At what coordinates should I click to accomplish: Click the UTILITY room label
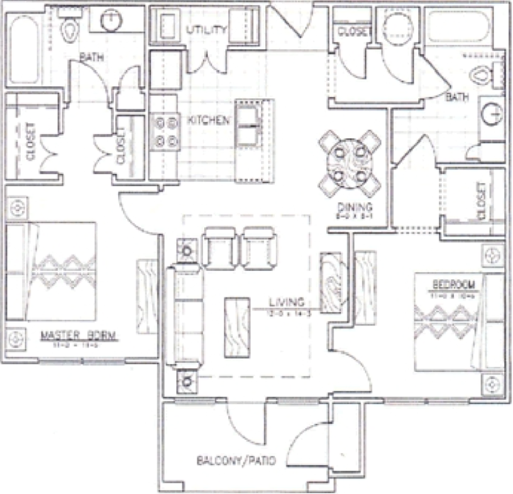(206, 30)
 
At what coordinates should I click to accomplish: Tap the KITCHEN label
(208, 121)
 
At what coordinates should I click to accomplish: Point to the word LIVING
(286, 302)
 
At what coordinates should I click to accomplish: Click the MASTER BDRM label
(79, 336)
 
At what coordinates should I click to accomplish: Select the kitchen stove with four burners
(164, 132)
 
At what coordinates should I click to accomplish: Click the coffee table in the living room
(237, 327)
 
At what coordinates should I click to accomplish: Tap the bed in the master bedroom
(52, 271)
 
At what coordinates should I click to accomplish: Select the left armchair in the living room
(220, 248)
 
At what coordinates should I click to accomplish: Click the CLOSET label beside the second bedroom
(481, 201)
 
